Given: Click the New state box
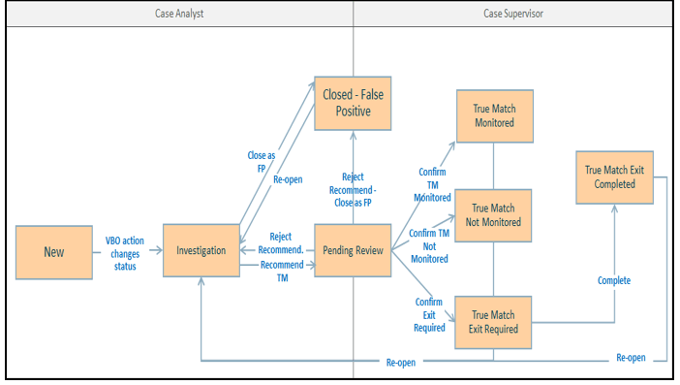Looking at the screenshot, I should (54, 252).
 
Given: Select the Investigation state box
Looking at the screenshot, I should (201, 251).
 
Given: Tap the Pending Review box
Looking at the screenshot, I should (353, 251).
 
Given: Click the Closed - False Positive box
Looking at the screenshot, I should (353, 103).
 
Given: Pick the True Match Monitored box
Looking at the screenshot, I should (494, 116).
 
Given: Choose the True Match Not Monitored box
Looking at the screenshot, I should (494, 215).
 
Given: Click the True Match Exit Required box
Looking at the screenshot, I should (494, 322).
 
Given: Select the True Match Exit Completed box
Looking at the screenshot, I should (615, 176).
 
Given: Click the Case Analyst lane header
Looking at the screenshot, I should (179, 13).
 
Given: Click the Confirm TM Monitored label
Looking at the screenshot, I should (432, 184).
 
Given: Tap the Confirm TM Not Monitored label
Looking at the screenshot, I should (429, 245).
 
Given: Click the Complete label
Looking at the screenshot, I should (613, 280).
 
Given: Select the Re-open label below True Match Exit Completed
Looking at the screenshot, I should (631, 358).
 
